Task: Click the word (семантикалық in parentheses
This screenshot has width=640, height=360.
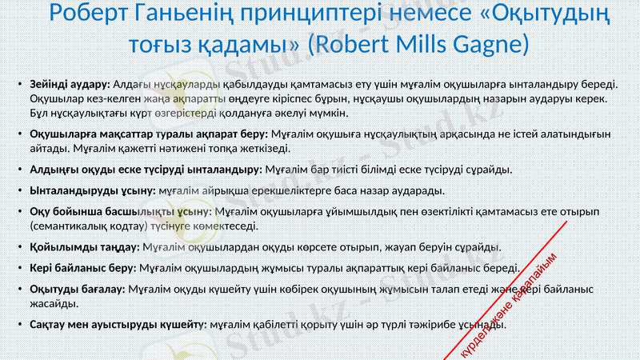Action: [x=67, y=226]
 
